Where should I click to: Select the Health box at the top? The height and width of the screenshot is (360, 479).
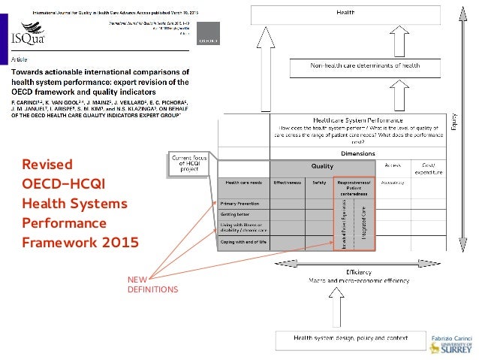(x=345, y=13)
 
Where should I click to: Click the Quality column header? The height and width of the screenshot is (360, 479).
(x=322, y=166)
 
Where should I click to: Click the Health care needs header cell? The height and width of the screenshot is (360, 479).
(x=241, y=182)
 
